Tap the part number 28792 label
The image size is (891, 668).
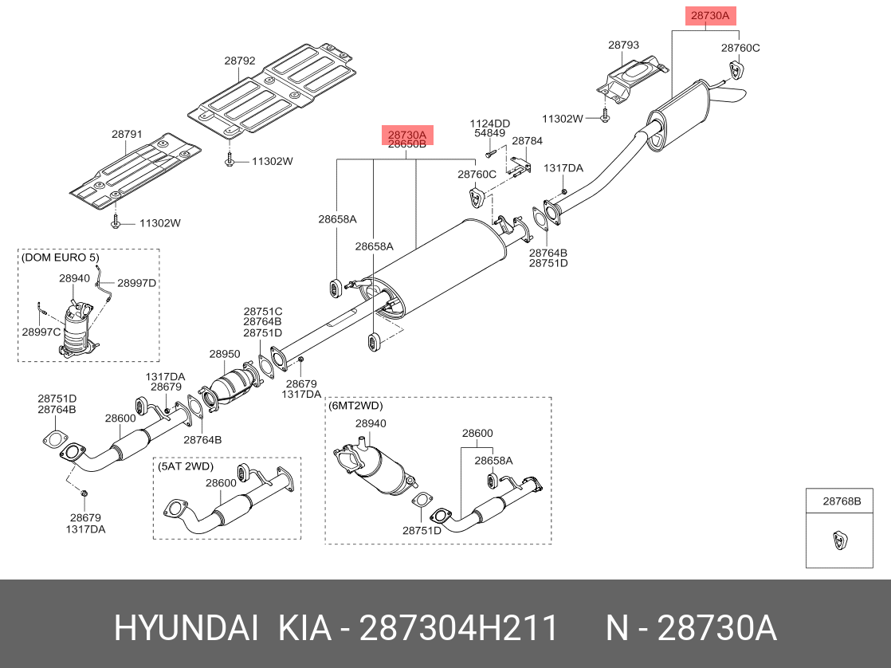[239, 60]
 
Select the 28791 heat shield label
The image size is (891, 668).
[126, 135]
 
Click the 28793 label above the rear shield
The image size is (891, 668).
[623, 45]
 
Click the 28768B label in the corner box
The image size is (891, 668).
[842, 501]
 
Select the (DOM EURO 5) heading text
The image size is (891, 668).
[61, 257]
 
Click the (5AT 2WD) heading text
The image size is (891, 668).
[186, 466]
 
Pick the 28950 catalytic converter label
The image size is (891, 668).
[225, 353]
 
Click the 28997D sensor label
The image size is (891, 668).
[137, 282]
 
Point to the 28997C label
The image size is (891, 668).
[41, 332]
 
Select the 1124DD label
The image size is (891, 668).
[489, 124]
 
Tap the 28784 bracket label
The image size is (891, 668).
[527, 141]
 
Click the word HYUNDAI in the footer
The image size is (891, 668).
[186, 628]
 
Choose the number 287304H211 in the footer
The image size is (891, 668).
[458, 628]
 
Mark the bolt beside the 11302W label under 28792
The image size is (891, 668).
[230, 162]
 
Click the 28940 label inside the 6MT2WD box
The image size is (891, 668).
[371, 424]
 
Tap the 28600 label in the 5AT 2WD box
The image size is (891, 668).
[221, 482]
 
